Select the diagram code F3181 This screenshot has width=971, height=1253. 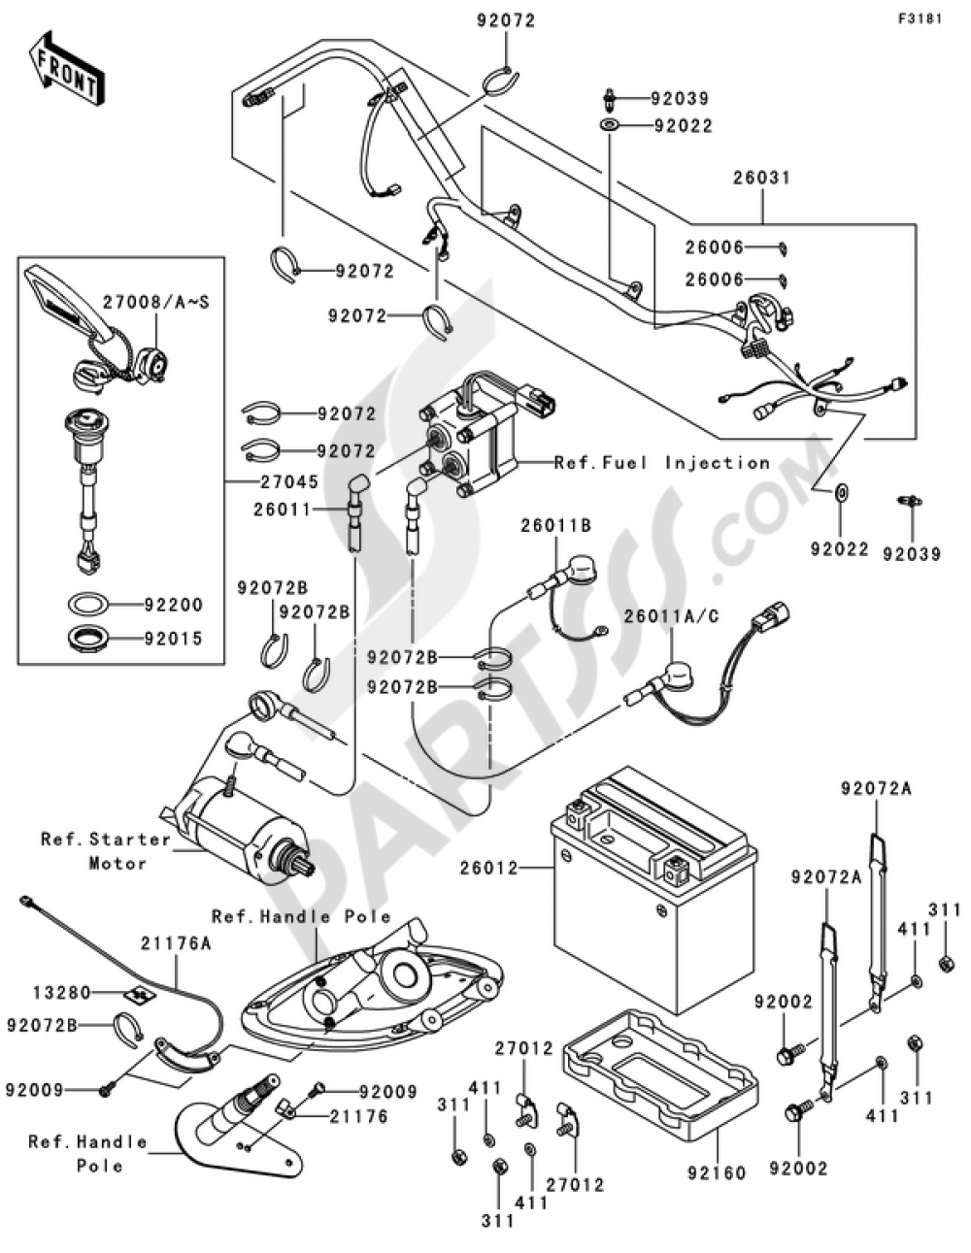920,19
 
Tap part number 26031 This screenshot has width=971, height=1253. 761,178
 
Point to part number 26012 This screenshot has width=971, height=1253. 489,868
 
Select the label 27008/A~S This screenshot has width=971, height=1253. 155,301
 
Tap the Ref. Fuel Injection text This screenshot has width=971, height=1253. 662,462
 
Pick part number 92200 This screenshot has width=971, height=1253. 174,605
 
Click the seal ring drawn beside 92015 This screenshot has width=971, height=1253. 87,640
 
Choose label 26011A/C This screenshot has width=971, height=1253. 672,616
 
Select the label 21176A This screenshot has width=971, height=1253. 177,943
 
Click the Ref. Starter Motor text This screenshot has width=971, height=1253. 107,850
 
